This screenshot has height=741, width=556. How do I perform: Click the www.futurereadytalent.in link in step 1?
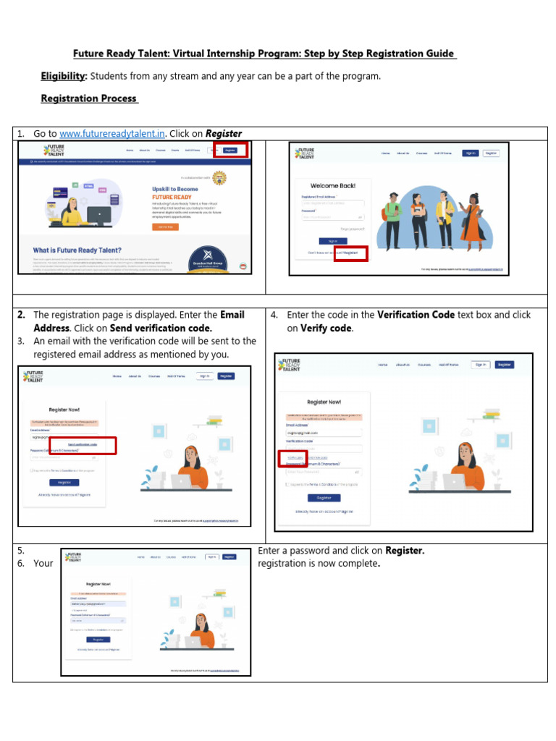point(112,133)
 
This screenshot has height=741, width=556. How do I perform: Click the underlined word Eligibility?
point(64,76)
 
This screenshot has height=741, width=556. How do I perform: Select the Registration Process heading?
point(88,98)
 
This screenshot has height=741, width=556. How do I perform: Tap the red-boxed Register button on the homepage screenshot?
point(230,150)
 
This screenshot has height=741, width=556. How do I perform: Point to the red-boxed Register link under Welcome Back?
point(350,253)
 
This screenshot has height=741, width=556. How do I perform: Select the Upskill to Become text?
point(170,189)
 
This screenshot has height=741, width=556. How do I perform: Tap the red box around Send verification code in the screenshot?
point(92,445)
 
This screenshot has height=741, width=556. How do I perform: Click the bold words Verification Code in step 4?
point(416,315)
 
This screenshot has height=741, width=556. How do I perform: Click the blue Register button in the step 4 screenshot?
point(324,498)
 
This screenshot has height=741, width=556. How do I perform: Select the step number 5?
point(21,551)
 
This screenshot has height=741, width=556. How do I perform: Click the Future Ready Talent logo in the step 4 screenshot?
point(291,365)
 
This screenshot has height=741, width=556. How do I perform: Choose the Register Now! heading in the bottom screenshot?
point(98,583)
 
